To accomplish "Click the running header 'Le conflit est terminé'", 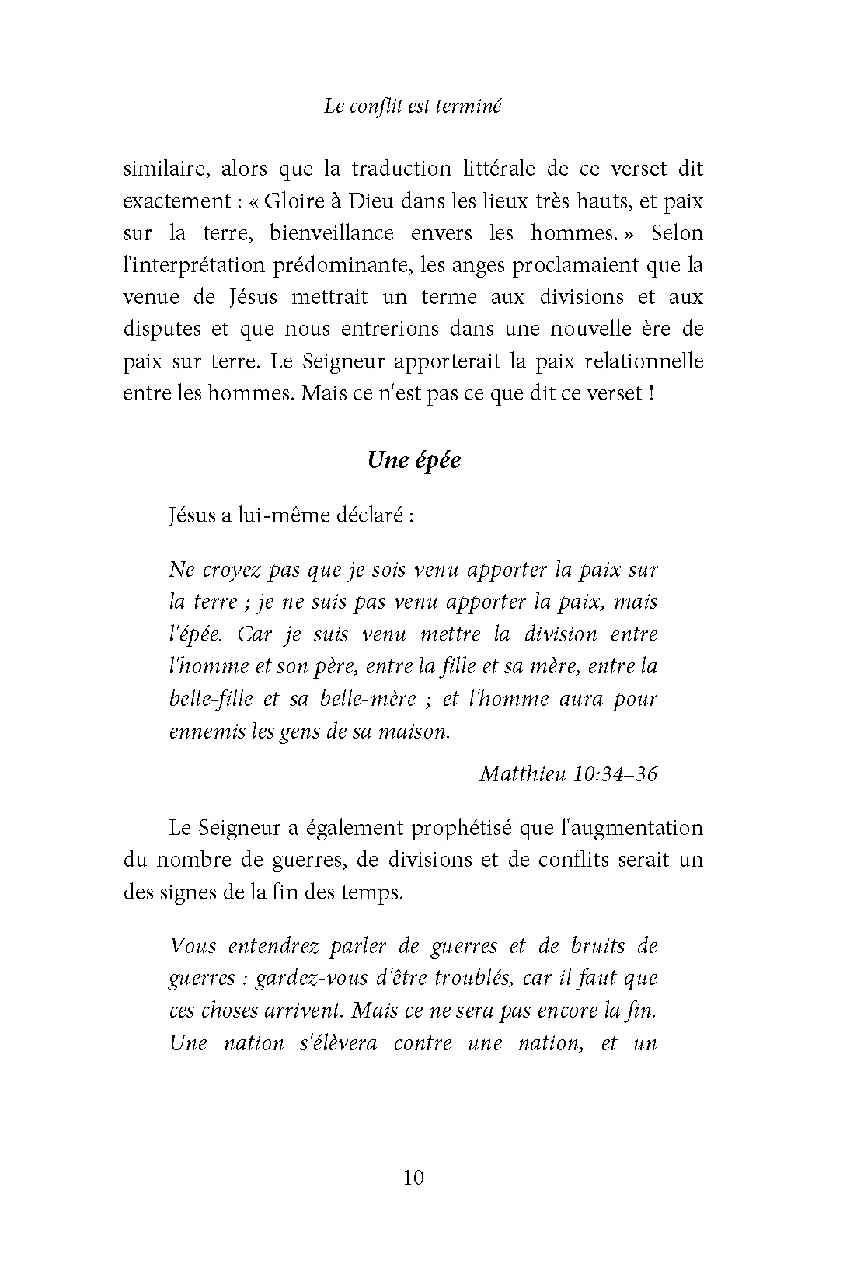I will pos(413,107).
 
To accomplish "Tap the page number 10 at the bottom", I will pos(414,1178).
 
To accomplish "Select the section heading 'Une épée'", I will pos(414,460).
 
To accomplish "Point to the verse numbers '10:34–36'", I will pos(616,774).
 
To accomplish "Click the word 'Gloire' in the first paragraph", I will pos(294,201).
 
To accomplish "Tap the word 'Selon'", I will pos(678,233).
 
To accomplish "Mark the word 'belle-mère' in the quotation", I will pos(372,698).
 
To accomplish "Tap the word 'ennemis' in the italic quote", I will pos(204,731).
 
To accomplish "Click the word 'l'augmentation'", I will pos(632,828).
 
